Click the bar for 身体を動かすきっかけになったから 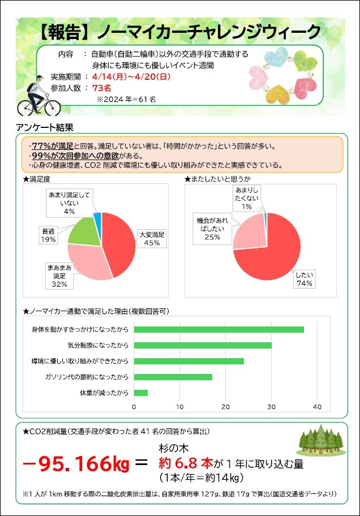[x=218, y=329]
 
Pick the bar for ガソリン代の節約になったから [x=173, y=377]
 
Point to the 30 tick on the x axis [x=271, y=407]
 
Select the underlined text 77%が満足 [x=52, y=146]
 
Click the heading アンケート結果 [x=45, y=127]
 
